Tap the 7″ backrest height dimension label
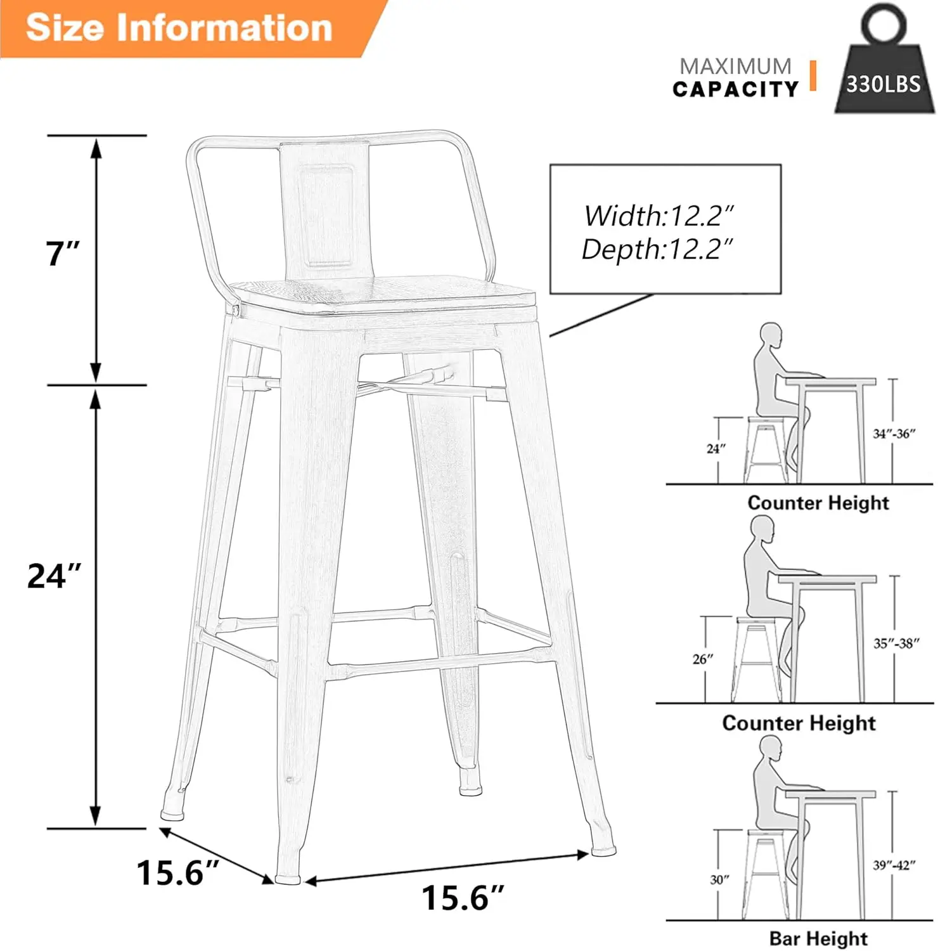[x=62, y=253]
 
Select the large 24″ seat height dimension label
[x=55, y=576]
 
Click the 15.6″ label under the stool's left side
[x=177, y=872]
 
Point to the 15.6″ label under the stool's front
[x=463, y=898]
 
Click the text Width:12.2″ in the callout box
[x=659, y=216]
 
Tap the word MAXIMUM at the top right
[x=735, y=66]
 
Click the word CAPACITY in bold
[x=735, y=89]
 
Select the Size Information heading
[x=179, y=28]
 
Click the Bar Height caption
[x=818, y=938]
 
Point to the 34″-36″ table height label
[x=894, y=434]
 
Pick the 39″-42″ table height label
[x=894, y=865]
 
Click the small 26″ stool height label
[x=702, y=659]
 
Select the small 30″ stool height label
[x=719, y=879]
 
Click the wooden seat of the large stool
[x=380, y=292]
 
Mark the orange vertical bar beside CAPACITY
[x=813, y=75]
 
